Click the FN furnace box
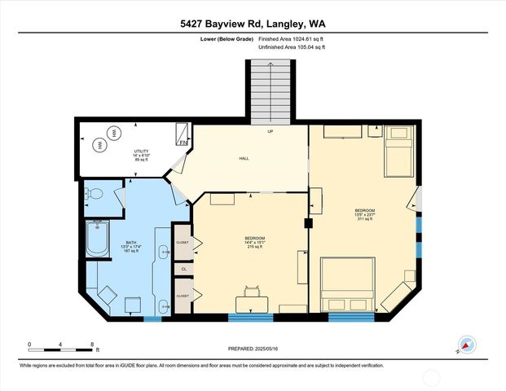pos(183,143)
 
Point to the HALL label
pos(244,159)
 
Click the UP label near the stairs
pos(271,130)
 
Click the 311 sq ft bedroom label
pos(363,214)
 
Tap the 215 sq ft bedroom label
pos(254,242)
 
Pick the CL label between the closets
pos(184,268)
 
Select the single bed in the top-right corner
pos(398,152)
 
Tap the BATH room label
pos(131,247)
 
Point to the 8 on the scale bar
pos(93,344)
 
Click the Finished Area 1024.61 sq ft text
pos(292,37)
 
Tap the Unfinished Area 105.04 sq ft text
pos(291,47)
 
